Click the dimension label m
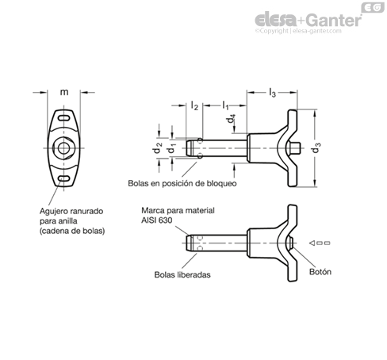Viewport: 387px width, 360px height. [x=64, y=92]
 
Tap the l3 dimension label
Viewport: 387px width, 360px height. [x=272, y=93]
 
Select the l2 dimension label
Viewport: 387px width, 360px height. [x=194, y=105]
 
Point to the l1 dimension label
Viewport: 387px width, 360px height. [x=225, y=105]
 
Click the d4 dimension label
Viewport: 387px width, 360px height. [x=231, y=119]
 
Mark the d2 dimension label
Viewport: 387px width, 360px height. [x=157, y=148]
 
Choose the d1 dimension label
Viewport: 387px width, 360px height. [x=172, y=149]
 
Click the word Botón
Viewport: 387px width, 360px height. [x=320, y=272]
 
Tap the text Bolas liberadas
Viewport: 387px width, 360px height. [x=182, y=275]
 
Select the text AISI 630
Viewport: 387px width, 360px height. [x=156, y=220]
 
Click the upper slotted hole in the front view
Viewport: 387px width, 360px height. [x=63, y=118]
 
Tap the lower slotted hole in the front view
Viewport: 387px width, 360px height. [x=63, y=178]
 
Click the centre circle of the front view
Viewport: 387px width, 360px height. [x=63, y=148]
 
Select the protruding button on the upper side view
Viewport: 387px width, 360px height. [x=294, y=148]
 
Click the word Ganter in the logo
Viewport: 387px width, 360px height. [x=334, y=20]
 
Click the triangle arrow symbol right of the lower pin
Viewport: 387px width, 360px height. [x=312, y=243]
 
